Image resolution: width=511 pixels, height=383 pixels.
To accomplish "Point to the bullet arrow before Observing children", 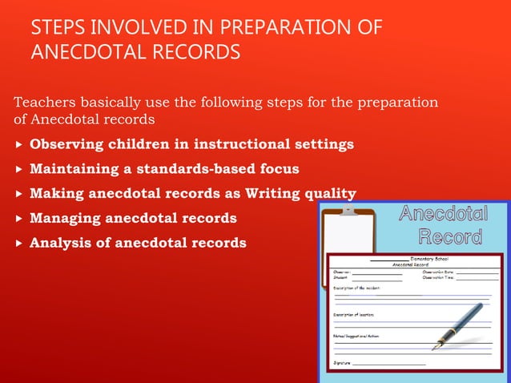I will click(x=19, y=145).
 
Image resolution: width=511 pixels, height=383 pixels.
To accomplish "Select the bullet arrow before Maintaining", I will click(x=19, y=170).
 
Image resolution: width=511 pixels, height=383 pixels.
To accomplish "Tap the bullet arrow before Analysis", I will click(x=19, y=243).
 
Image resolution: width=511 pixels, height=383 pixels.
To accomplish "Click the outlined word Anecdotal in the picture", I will click(x=443, y=214).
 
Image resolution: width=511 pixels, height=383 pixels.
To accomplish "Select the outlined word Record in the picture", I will click(x=450, y=236).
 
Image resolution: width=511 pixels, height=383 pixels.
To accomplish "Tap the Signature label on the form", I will click(x=342, y=363).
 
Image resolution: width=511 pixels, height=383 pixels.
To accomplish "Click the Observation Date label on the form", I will click(x=438, y=272).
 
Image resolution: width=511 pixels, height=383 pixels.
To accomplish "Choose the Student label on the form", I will click(x=340, y=278).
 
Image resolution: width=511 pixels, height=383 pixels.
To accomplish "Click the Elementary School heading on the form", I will click(x=429, y=259).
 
